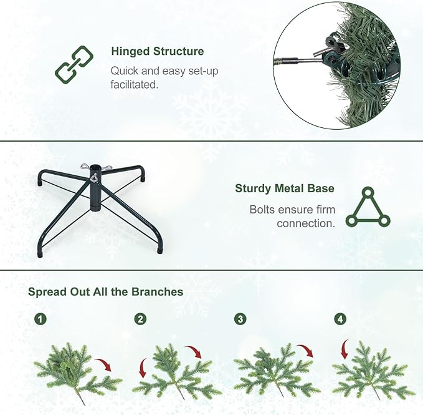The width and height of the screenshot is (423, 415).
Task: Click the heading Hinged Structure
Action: click(157, 51)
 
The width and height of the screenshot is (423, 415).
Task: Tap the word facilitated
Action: click(134, 84)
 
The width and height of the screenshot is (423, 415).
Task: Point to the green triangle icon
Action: click(368, 207)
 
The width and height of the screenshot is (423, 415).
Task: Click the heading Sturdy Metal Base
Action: click(284, 188)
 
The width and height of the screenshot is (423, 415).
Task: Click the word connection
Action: click(305, 223)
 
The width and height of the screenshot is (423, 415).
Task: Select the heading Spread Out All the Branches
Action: click(105, 291)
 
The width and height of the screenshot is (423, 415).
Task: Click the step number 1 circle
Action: click(40, 319)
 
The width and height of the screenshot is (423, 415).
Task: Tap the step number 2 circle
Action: click(140, 319)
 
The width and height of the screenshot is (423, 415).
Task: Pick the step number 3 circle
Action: click(240, 319)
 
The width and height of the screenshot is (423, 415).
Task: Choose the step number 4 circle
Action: click(340, 319)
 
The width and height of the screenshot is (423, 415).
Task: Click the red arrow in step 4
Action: click(344, 349)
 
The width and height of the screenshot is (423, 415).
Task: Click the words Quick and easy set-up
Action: click(164, 71)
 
